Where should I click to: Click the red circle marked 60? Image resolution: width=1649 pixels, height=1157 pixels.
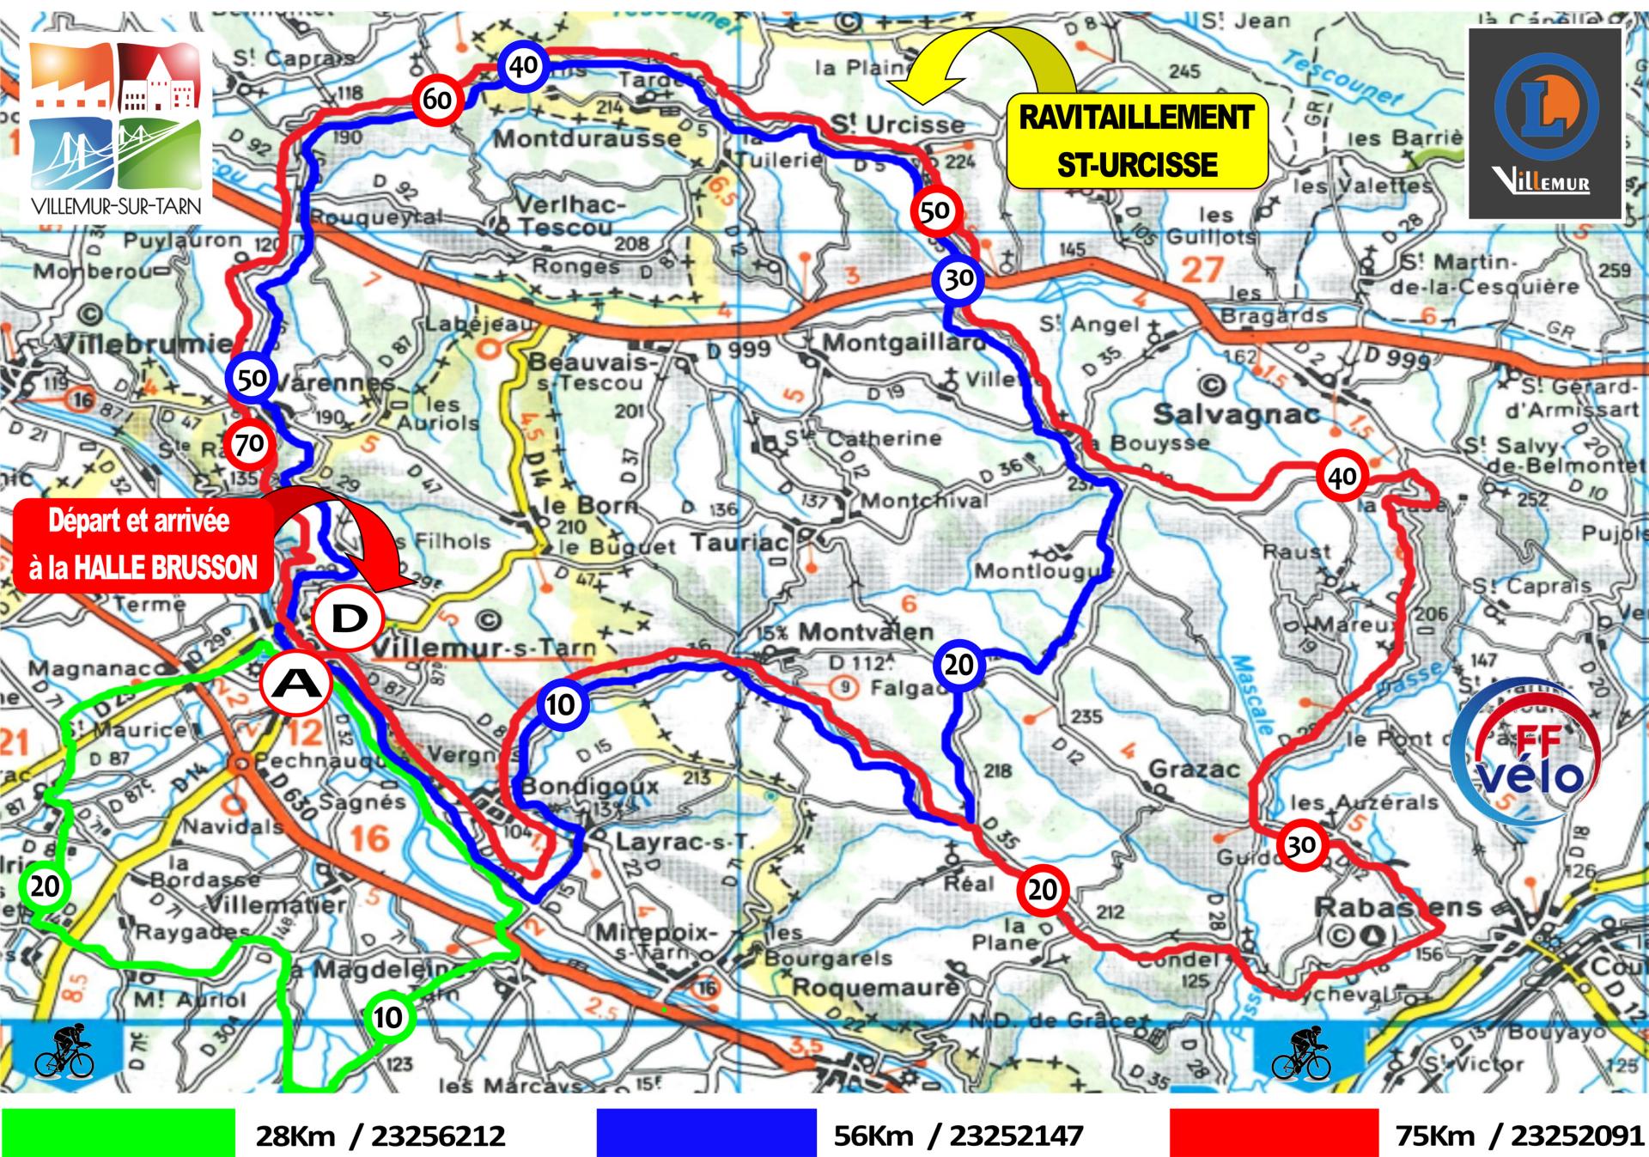(x=437, y=99)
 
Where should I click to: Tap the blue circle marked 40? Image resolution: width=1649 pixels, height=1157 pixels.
(x=523, y=64)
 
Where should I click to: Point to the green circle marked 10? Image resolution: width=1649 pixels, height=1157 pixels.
(x=387, y=1017)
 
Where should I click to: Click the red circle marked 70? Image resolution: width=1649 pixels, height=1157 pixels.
(x=249, y=444)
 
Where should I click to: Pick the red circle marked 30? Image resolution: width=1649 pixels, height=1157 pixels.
(x=1300, y=845)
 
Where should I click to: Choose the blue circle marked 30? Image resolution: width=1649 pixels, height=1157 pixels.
(x=958, y=278)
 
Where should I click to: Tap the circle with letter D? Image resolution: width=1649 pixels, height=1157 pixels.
(x=349, y=618)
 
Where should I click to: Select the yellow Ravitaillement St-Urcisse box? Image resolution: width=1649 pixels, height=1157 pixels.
(x=1136, y=141)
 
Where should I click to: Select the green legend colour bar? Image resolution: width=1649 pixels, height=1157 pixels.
(x=119, y=1133)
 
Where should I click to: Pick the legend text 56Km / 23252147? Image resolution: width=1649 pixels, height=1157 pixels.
(x=957, y=1136)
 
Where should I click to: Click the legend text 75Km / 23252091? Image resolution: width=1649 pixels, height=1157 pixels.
(x=1518, y=1136)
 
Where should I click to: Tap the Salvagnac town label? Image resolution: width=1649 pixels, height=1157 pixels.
(x=1236, y=414)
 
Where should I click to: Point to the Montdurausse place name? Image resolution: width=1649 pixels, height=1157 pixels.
(x=587, y=137)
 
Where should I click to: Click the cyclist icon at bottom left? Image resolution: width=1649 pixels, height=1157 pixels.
(x=64, y=1051)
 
